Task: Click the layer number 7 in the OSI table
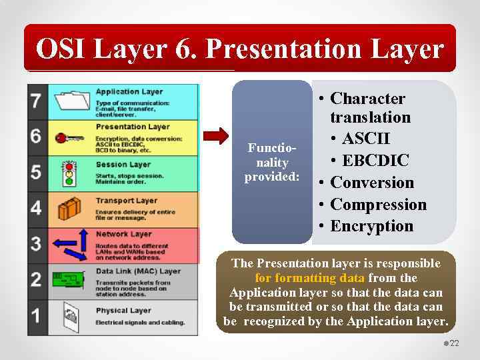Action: (36, 101)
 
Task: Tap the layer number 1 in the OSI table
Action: (36, 314)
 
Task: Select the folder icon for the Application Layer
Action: (72, 101)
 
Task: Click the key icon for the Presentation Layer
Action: (69, 138)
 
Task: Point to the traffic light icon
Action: (68, 173)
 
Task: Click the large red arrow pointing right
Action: (215, 137)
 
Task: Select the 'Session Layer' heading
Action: (123, 164)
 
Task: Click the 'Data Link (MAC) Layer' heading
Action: (138, 271)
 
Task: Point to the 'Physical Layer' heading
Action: (123, 310)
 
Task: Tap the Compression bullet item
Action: (378, 204)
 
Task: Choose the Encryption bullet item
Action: (371, 226)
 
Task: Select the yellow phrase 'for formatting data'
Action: (310, 278)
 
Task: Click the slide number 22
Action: (455, 343)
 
